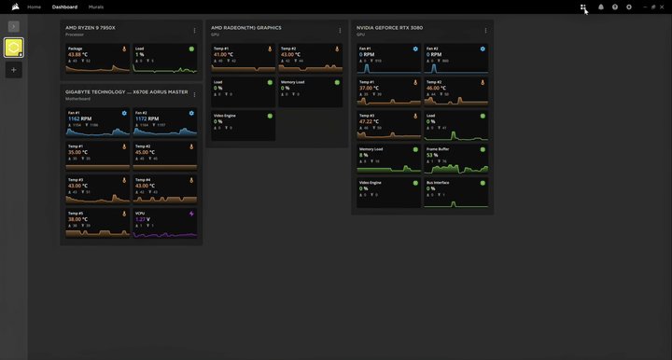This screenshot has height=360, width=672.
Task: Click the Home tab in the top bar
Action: [35, 7]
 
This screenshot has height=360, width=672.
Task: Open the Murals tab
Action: [96, 7]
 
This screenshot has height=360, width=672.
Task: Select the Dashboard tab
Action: [65, 7]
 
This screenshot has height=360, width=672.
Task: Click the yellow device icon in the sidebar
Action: [15, 48]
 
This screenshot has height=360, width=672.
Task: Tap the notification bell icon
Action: [600, 7]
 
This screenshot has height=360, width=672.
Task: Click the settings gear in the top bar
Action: [629, 7]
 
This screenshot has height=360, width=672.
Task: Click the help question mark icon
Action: [615, 7]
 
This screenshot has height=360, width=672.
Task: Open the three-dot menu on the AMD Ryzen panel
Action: [195, 31]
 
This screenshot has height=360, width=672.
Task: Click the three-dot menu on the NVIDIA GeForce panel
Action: [486, 31]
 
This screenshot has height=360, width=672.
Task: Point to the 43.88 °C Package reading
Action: [78, 55]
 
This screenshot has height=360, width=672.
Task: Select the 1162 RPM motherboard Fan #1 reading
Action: [79, 118]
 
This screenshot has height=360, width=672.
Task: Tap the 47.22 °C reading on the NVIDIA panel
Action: [371, 121]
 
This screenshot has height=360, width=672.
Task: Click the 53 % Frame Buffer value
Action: [433, 155]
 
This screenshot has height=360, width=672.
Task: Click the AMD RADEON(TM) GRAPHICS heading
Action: [246, 28]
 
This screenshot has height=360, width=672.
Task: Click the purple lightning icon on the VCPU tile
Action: [192, 213]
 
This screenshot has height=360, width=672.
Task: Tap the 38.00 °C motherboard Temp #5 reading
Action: [78, 219]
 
